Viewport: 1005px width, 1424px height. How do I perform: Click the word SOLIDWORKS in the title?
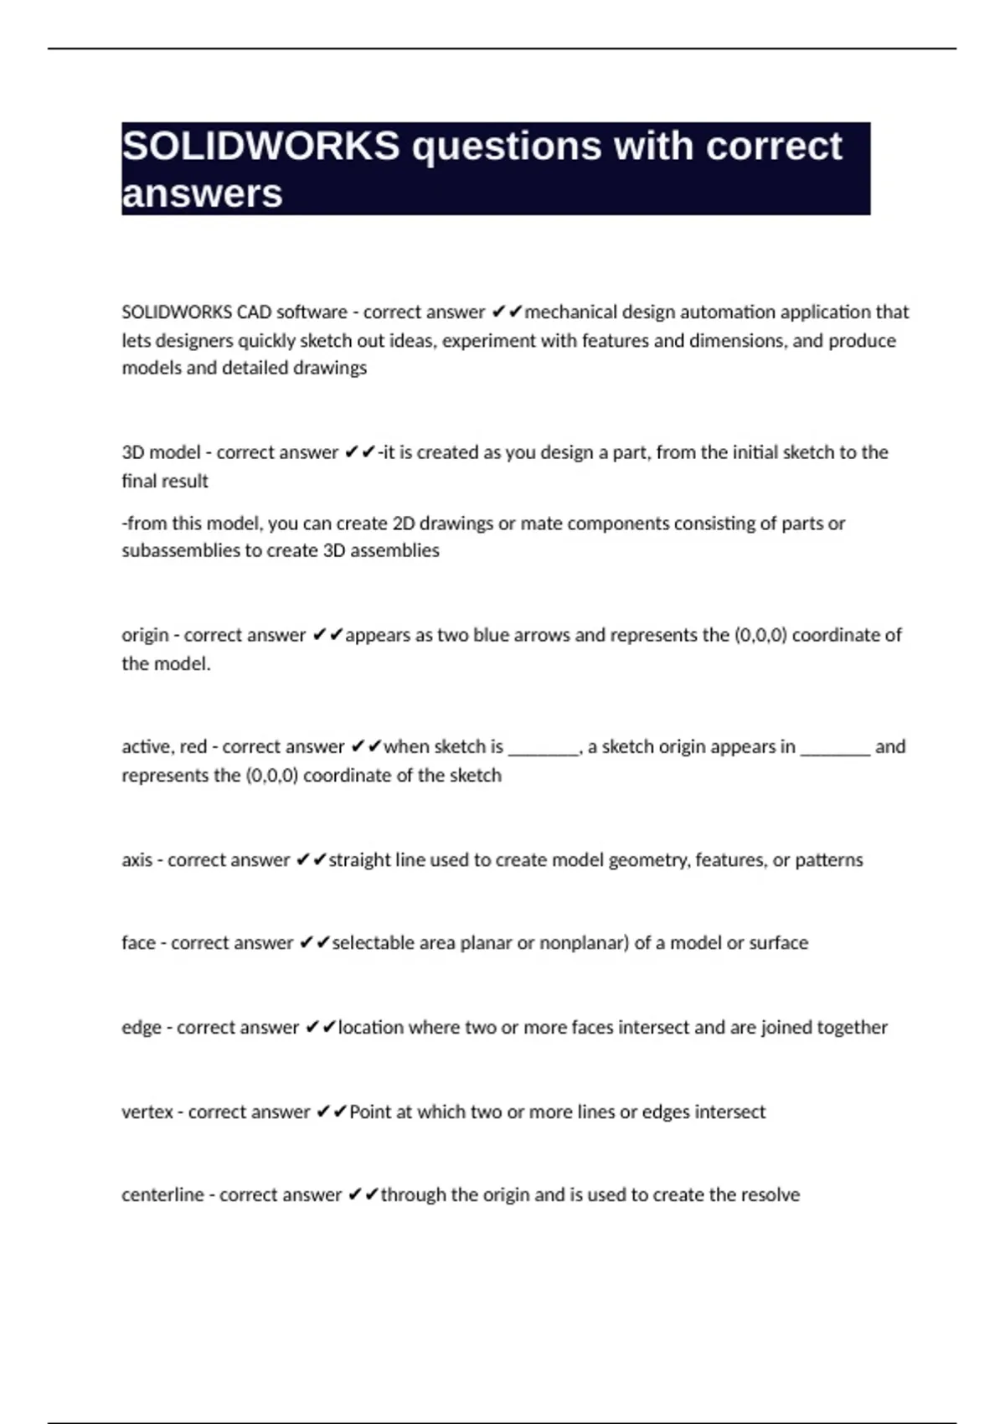pos(260,147)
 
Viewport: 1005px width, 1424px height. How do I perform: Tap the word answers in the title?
pos(202,193)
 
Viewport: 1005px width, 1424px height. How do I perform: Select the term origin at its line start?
pos(145,636)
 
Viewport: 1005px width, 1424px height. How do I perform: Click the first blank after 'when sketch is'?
pos(544,747)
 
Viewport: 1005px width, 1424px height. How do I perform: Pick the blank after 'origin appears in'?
pos(835,747)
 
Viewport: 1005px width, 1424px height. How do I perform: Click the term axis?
pos(137,860)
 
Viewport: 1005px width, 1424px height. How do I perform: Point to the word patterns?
pos(828,860)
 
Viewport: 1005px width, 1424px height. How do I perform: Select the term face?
pos(138,943)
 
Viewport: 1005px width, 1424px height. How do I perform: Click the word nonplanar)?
pos(584,943)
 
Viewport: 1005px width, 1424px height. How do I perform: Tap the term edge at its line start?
pos(141,1028)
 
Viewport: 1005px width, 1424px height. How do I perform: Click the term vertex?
pos(147,1112)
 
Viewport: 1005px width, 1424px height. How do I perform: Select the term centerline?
pos(162,1195)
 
